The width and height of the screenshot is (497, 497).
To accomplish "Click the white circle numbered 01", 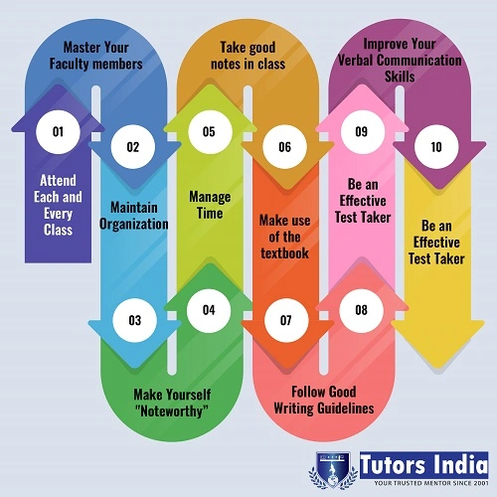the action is pyautogui.click(x=58, y=132).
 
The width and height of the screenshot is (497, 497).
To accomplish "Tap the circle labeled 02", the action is pyautogui.click(x=133, y=147).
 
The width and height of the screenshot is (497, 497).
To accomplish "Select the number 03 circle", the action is pyautogui.click(x=134, y=320).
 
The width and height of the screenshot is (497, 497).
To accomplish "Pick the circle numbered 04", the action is pyautogui.click(x=209, y=310).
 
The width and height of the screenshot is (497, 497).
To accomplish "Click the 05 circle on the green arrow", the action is pyautogui.click(x=210, y=132).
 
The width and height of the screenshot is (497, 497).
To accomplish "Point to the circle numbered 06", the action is pyautogui.click(x=284, y=147).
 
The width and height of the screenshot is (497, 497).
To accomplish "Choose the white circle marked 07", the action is pyautogui.click(x=286, y=320).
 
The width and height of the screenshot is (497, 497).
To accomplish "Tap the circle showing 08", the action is pyautogui.click(x=361, y=310).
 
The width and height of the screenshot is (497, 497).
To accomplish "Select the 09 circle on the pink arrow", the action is pyautogui.click(x=363, y=132).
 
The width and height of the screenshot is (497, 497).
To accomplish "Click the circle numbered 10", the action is pyautogui.click(x=436, y=147).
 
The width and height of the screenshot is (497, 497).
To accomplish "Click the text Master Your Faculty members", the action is pyautogui.click(x=96, y=56).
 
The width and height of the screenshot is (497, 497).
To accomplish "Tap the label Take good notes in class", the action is pyautogui.click(x=248, y=56).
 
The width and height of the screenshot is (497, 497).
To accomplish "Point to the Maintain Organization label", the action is pyautogui.click(x=134, y=216).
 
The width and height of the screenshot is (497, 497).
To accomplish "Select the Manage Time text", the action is pyautogui.click(x=210, y=205).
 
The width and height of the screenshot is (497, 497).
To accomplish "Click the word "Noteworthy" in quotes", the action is pyautogui.click(x=172, y=412).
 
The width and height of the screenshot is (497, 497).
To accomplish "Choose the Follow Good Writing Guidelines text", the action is pyautogui.click(x=324, y=400).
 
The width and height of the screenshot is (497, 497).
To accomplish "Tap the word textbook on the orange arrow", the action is pyautogui.click(x=284, y=253).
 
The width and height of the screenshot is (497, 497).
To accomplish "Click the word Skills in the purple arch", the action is pyautogui.click(x=400, y=77).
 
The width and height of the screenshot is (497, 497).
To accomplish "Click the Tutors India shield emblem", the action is pyautogui.click(x=333, y=469).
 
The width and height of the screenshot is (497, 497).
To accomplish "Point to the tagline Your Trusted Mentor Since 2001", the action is pyautogui.click(x=431, y=483).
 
